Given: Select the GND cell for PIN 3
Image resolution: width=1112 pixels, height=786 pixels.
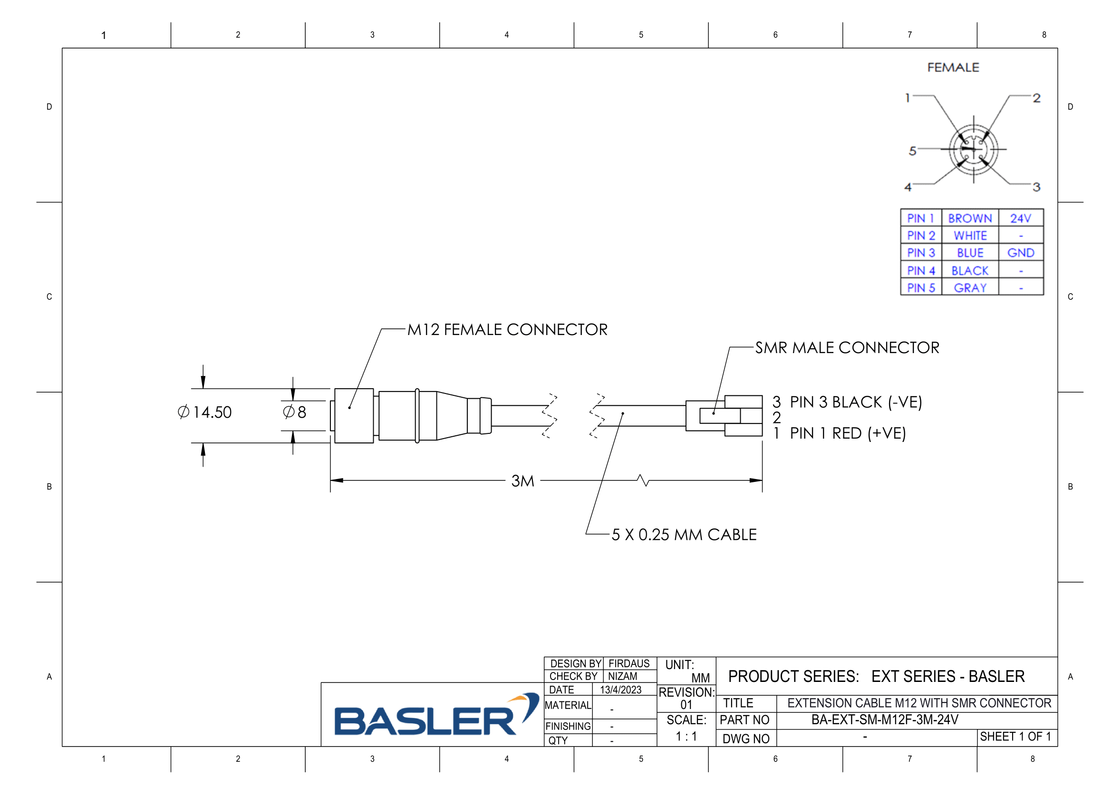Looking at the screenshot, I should click(1020, 253).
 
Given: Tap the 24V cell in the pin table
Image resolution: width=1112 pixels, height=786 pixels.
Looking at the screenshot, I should click(1020, 218).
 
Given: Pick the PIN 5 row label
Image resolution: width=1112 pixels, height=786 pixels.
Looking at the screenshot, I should click(921, 288).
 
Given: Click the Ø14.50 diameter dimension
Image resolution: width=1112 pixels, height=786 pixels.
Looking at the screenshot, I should click(205, 412).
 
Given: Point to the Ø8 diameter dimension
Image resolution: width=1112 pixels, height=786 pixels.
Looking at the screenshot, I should click(294, 412).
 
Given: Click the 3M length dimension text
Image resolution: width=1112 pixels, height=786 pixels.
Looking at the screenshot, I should click(522, 481).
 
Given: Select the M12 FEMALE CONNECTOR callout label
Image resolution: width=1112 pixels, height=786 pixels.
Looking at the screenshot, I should click(507, 330).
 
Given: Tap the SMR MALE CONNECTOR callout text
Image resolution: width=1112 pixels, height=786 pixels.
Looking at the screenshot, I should click(847, 347).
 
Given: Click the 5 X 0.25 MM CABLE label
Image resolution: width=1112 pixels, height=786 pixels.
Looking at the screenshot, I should click(684, 535).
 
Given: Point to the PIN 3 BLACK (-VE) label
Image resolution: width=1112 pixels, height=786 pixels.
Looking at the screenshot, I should click(856, 402).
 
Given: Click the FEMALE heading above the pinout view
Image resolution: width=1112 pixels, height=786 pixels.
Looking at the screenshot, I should click(953, 68).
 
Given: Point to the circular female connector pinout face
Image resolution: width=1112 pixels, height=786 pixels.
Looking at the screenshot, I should click(974, 150).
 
